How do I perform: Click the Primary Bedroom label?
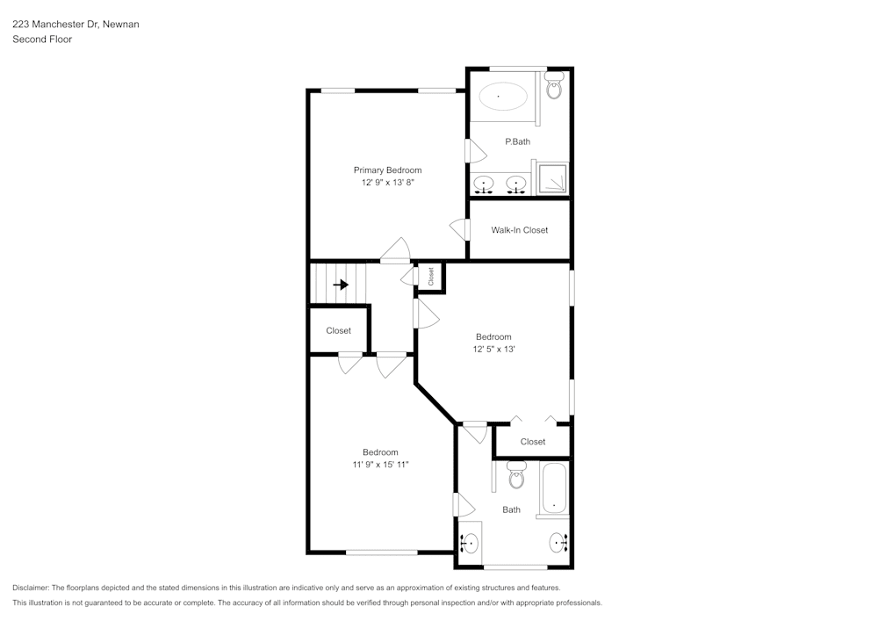point(387,170)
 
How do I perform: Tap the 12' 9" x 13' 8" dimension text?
point(387,183)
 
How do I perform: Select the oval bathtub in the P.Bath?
point(500,95)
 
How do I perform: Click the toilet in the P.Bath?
point(554,87)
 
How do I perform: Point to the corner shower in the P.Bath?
point(552,178)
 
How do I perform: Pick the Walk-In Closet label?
point(519,230)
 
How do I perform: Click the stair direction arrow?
point(341,285)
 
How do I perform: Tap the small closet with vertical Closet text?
point(431,277)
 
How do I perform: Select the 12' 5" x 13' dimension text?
point(493,349)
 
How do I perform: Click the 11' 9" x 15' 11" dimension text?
point(380,465)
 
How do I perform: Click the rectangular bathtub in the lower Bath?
point(554,490)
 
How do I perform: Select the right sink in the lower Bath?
point(558,544)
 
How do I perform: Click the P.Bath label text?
point(517,141)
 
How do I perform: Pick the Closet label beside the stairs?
point(338,331)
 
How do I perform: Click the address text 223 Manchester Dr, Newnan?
point(76,25)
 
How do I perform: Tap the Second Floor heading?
point(42,40)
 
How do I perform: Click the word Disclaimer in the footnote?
point(31,588)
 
